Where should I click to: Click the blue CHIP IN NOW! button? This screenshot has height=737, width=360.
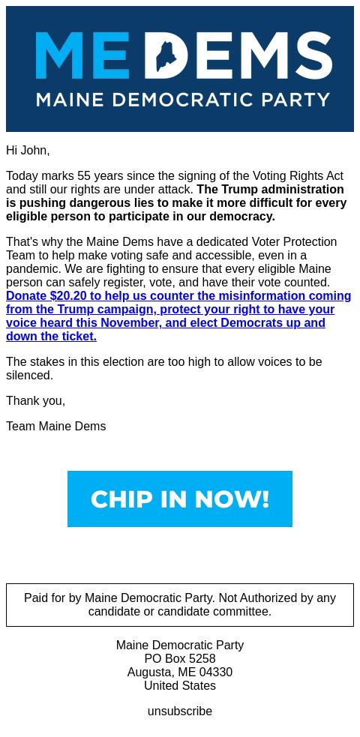pos(180,499)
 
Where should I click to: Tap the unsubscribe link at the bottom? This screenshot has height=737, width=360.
pos(180,711)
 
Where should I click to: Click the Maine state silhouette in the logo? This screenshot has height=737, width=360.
pos(171,55)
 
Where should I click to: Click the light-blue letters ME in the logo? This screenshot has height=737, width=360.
pos(82,55)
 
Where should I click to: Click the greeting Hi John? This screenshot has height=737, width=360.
pos(28,150)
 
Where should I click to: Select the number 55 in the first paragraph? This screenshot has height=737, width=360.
pos(84,175)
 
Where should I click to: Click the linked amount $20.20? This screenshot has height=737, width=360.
pos(68,295)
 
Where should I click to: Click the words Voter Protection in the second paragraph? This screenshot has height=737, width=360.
pos(294,241)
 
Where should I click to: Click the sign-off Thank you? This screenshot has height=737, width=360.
pos(35,400)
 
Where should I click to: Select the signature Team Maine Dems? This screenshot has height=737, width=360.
pos(55,426)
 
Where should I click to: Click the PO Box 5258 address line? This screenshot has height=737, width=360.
pos(180,658)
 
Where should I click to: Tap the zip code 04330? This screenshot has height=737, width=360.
pos(216,672)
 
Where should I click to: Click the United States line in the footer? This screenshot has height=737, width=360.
pos(180,685)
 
